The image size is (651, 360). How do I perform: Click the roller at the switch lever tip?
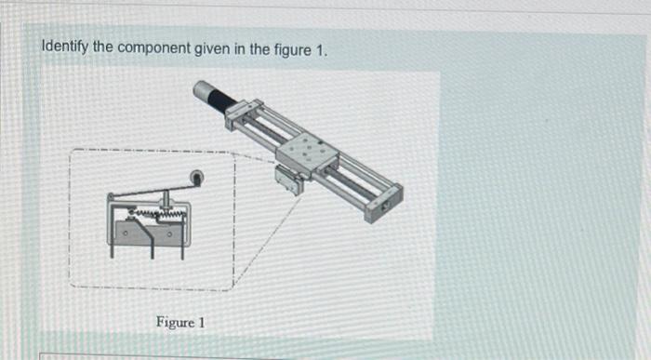tap(196, 176)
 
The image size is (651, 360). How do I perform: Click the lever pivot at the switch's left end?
tap(112, 197)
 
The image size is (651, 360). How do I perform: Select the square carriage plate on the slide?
tap(306, 150)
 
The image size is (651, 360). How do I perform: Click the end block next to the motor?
tap(239, 113)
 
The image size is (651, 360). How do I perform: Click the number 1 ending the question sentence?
tap(323, 47)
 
